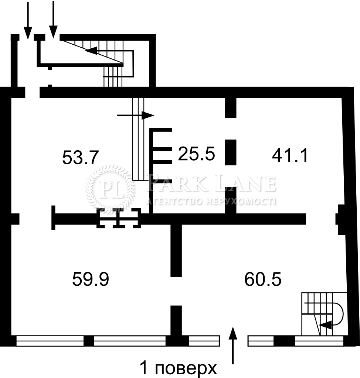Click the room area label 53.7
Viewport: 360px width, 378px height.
click(x=81, y=157)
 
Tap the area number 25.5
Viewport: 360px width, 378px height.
click(x=196, y=154)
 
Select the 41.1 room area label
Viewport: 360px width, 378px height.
click(x=290, y=155)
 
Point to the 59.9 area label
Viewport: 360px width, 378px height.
click(x=91, y=279)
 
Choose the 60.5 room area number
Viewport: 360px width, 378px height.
click(x=263, y=279)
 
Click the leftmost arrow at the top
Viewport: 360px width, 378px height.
click(x=28, y=21)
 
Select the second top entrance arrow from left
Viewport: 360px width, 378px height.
click(x=53, y=19)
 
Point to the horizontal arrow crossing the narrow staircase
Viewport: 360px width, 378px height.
click(x=135, y=116)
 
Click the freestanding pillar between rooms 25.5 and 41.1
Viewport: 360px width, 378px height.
click(x=231, y=152)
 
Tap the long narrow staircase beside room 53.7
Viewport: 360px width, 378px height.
click(x=138, y=139)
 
